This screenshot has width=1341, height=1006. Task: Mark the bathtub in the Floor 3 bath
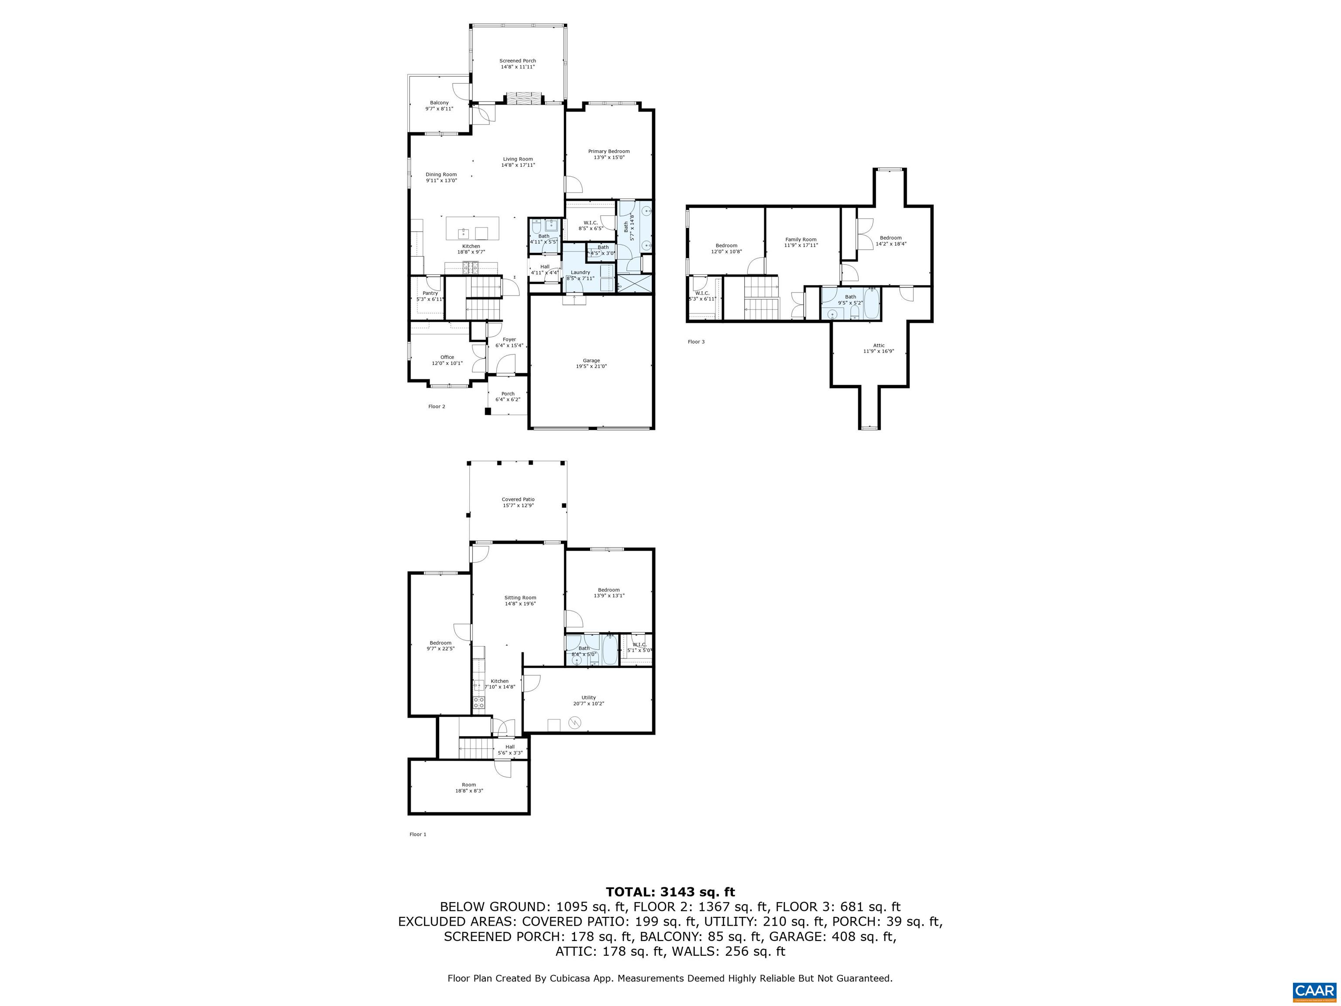click(871, 303)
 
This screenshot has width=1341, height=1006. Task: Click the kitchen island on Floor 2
click(472, 229)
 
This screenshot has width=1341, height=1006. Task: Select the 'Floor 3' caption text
click(696, 342)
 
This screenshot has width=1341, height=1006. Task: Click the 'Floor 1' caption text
click(418, 834)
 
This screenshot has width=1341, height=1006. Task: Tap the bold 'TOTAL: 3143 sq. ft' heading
click(670, 892)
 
